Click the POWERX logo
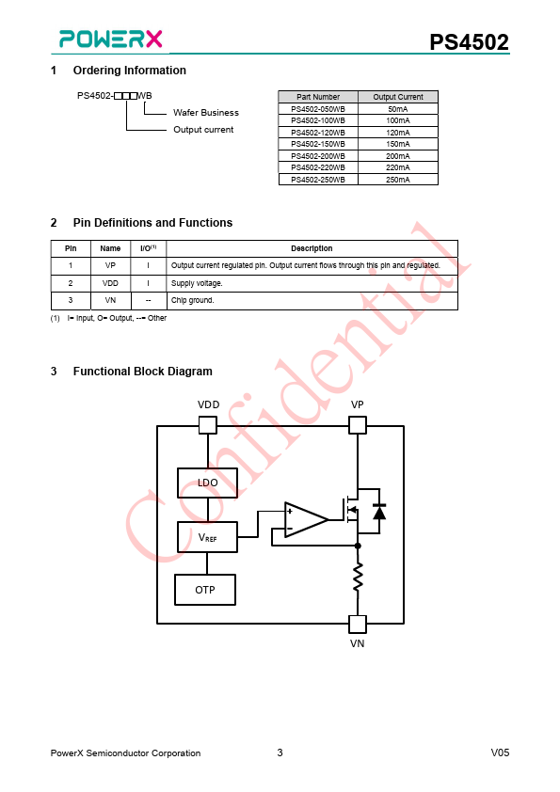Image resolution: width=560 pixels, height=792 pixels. [111, 39]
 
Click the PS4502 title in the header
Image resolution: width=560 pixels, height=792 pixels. [469, 42]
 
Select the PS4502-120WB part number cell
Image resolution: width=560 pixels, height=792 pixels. [318, 133]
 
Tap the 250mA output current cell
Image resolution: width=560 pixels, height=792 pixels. [398, 180]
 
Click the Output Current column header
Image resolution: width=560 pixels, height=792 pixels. [398, 97]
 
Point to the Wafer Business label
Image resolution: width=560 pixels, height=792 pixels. [206, 112]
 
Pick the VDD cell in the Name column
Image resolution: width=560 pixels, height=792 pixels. [110, 283]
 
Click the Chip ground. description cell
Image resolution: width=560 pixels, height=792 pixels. [312, 301]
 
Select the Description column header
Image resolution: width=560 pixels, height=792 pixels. [312, 248]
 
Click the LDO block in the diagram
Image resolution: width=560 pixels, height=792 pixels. [207, 483]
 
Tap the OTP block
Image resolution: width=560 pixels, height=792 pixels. [205, 590]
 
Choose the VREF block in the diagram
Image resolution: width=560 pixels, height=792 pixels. [207, 537]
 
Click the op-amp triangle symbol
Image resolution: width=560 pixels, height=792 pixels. [306, 519]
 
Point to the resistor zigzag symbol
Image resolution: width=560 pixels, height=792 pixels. [358, 577]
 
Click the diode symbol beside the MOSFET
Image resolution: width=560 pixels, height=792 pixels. [379, 512]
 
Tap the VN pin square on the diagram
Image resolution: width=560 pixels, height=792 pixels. [358, 625]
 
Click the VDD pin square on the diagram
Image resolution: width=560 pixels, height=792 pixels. [208, 425]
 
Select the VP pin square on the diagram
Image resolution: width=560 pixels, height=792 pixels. [358, 425]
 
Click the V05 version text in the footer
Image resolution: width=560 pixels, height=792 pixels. [500, 752]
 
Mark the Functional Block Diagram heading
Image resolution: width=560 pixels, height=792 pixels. [142, 372]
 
